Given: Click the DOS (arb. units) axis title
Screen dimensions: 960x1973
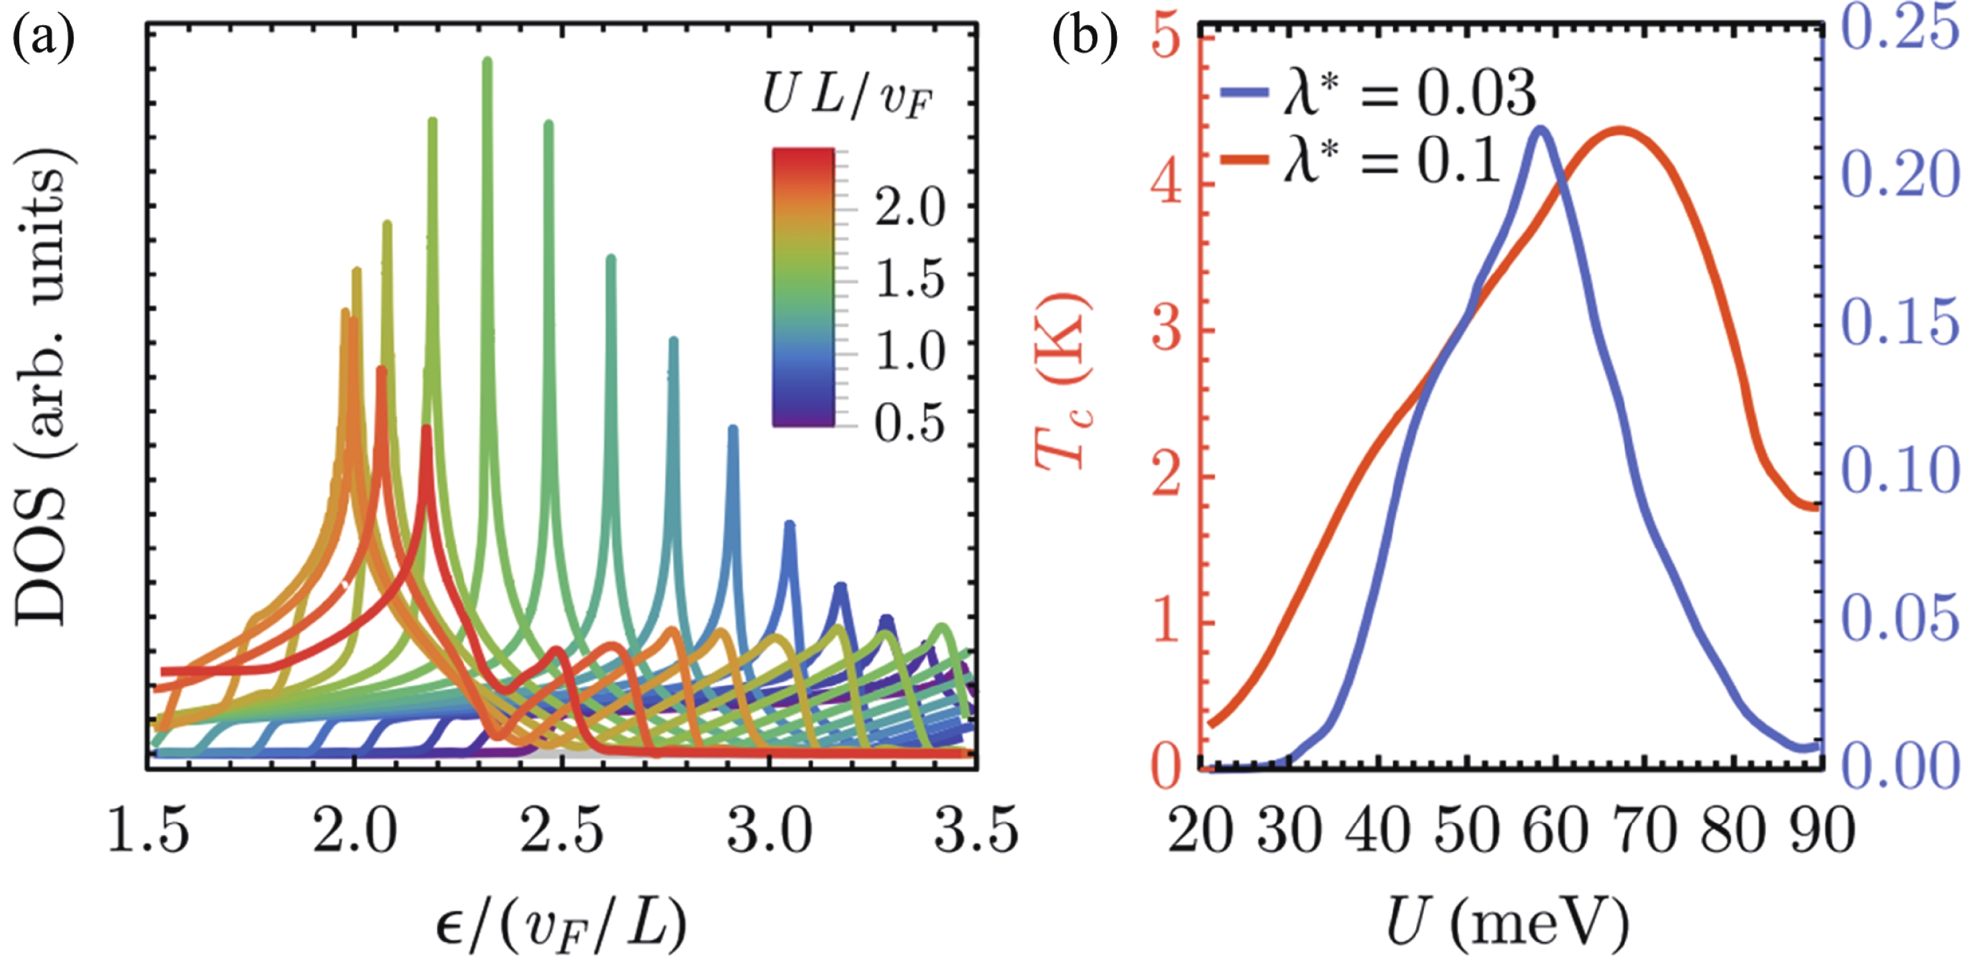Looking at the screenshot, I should (44, 386).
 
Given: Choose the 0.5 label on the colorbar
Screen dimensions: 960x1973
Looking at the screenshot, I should (910, 423).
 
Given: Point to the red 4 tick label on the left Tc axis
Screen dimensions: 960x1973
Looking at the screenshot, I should (1167, 185).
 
